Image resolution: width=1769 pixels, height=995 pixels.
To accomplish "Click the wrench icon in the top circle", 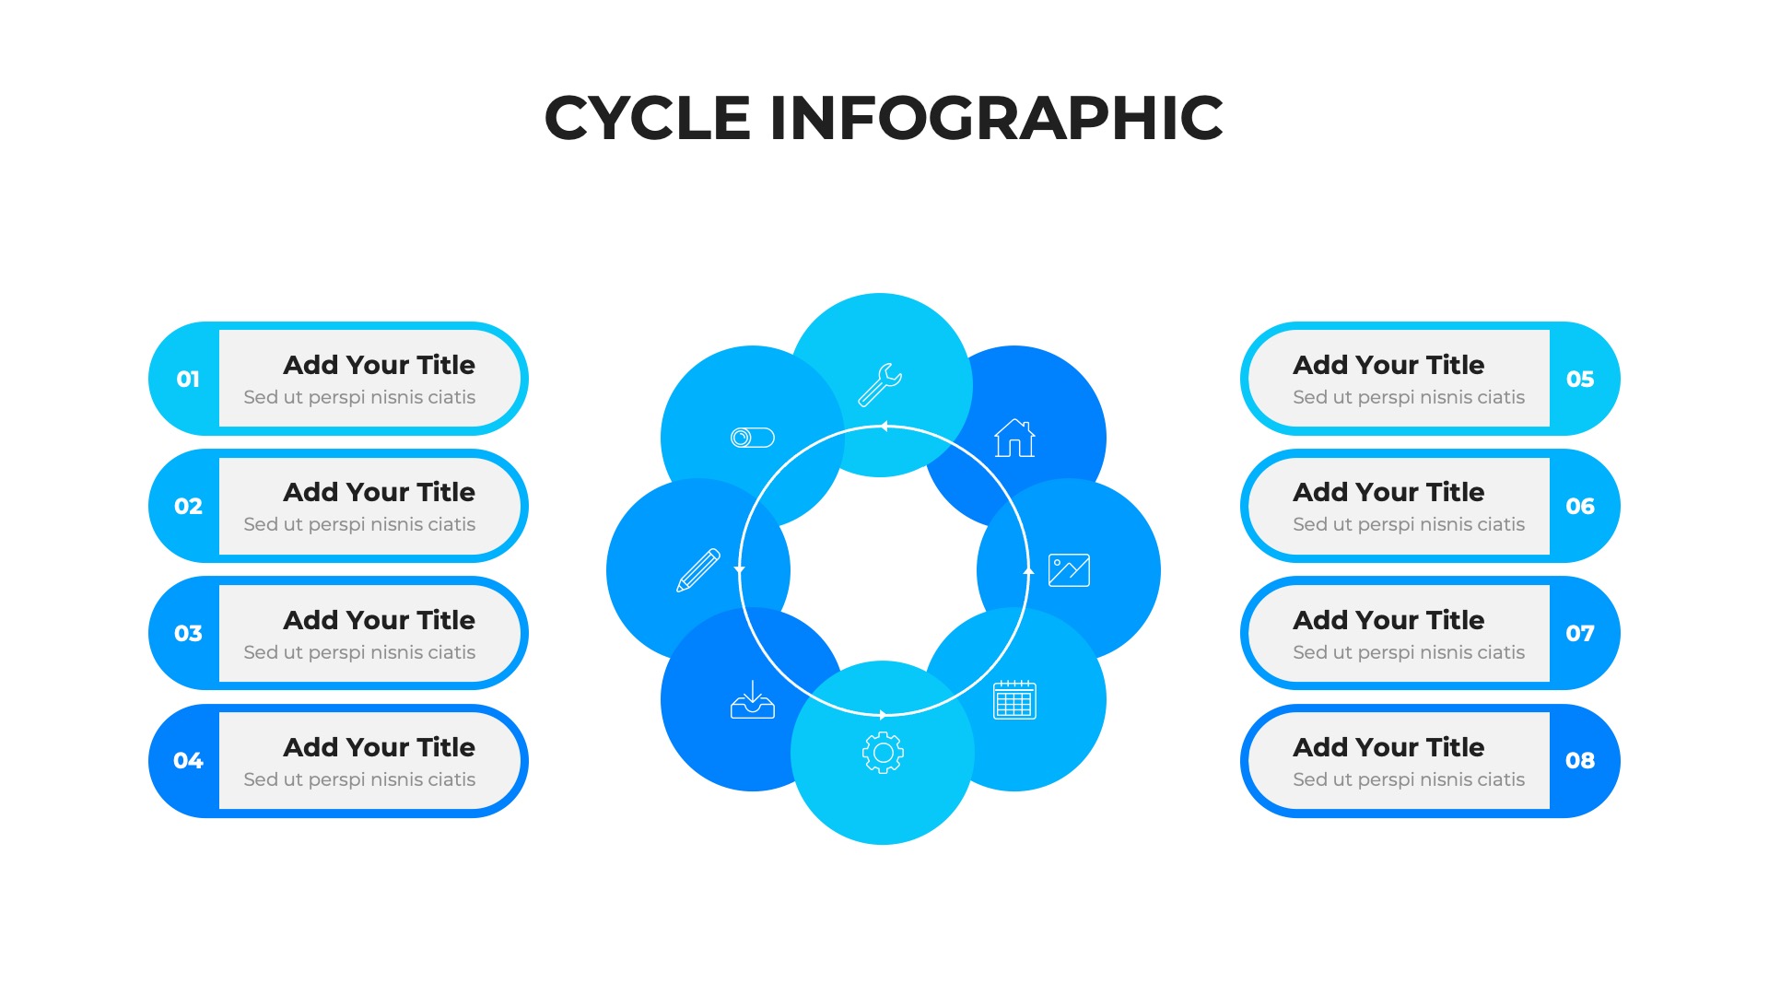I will [880, 384].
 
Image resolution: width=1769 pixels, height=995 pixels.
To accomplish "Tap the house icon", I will [1014, 438].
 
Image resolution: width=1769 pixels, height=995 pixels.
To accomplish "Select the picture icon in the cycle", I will [1069, 570].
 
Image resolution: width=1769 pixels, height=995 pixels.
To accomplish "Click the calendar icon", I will [1014, 700].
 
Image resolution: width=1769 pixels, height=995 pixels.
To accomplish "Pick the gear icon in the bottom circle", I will [883, 753].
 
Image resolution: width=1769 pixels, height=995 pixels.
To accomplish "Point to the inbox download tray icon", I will [753, 700].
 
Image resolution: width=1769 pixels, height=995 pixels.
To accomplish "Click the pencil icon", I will [698, 570].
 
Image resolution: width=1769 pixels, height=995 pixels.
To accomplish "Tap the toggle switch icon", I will [753, 438].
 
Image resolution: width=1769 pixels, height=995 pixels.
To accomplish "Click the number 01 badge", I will [188, 379].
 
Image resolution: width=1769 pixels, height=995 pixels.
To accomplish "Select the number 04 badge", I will [188, 760].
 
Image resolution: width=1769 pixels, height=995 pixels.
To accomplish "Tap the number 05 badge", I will [1580, 379].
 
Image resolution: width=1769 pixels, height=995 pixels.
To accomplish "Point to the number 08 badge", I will [1580, 760].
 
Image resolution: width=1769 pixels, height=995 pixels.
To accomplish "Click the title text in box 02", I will [379, 492].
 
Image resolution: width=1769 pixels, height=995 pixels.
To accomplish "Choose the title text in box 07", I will [1388, 620].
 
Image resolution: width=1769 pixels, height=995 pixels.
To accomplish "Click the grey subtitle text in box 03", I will [359, 652].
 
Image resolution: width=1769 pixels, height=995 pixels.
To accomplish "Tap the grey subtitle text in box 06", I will [1409, 524].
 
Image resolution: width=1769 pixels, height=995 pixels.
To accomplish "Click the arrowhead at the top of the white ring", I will [884, 427].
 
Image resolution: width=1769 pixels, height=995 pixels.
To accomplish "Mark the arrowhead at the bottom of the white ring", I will [883, 715].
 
